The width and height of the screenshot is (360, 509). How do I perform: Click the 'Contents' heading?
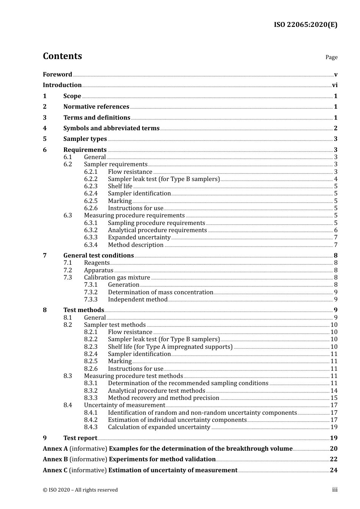62,56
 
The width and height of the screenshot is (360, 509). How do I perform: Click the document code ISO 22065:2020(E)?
305,25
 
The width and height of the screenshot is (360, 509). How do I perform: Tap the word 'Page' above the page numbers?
331,57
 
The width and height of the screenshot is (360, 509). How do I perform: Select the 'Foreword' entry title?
57,75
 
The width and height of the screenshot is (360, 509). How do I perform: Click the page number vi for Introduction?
335,85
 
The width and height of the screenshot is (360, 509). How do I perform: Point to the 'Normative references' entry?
96,107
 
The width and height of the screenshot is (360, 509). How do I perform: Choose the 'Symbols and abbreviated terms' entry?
111,128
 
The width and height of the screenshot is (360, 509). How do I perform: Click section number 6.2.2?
91,179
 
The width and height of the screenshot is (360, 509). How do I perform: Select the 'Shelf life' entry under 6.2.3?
120,186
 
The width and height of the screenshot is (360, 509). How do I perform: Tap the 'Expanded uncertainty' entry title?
139,237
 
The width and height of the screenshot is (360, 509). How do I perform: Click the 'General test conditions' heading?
99,256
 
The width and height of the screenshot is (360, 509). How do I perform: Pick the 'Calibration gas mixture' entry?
117,278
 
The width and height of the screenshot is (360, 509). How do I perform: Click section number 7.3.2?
91,292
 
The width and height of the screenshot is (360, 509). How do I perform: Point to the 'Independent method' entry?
138,300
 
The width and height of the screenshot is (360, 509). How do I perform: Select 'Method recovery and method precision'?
163,398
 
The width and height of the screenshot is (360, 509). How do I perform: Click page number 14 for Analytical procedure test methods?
334,391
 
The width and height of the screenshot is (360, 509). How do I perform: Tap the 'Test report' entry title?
80,438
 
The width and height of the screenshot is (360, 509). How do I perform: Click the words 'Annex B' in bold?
55,459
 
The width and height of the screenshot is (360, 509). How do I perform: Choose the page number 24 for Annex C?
333,470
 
